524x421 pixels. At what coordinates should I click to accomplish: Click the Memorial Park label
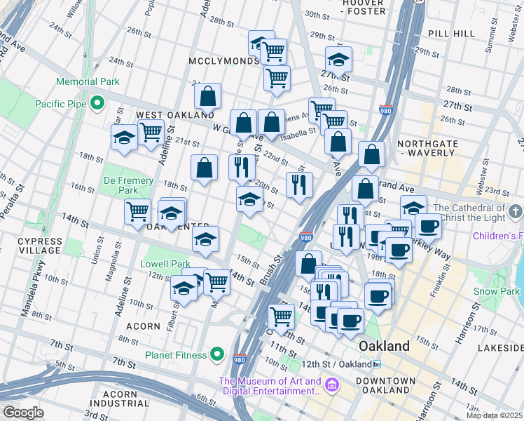coord(88,82)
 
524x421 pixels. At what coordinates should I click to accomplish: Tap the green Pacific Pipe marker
coord(98,105)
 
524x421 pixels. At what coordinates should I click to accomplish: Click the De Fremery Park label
coord(128,185)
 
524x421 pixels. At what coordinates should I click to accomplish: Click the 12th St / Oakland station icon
coord(377,364)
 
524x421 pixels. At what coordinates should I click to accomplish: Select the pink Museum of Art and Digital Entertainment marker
coord(332,385)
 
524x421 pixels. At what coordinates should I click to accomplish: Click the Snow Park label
coord(496,291)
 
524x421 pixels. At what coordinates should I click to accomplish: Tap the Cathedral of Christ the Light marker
coord(516,211)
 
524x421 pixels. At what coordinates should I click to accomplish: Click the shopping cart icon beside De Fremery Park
coord(137,210)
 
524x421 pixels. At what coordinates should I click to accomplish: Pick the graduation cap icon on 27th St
coord(338,60)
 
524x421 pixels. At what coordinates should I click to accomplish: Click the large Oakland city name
coord(384,347)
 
